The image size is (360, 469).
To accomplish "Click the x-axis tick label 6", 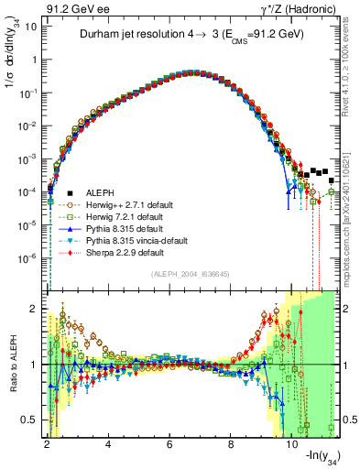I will (169, 446).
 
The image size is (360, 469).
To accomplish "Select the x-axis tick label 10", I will (291, 446).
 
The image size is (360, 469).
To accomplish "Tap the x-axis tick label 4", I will (108, 446).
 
